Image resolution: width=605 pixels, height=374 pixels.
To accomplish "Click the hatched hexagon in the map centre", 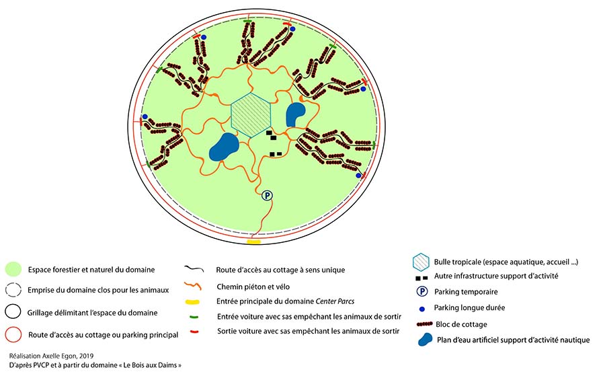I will click(x=251, y=113).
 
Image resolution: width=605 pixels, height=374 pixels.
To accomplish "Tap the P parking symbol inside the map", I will click(x=267, y=196).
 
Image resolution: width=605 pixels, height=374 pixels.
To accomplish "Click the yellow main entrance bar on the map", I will click(x=254, y=241).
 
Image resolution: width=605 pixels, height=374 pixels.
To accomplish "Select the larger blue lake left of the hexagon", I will click(x=224, y=147).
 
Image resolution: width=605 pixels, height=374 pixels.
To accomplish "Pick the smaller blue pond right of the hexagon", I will click(x=296, y=114).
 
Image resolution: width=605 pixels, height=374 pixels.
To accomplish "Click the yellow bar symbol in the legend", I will click(x=192, y=301).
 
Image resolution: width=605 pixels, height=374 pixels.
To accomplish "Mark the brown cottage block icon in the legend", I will click(x=421, y=324).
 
